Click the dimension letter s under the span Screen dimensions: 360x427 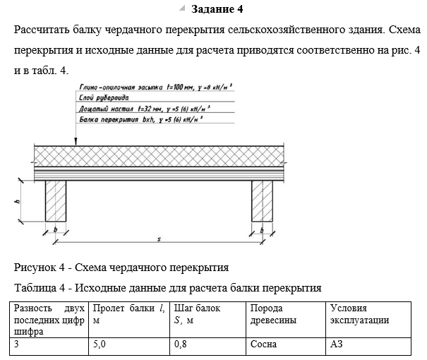159,239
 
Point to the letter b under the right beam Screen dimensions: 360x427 262,229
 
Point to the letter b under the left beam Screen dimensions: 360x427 56,229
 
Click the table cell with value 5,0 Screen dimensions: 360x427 100,346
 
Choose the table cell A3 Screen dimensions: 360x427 336,346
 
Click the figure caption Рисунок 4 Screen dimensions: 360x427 122,268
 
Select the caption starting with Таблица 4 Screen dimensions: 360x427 168,288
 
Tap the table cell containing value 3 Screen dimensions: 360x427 17,346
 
